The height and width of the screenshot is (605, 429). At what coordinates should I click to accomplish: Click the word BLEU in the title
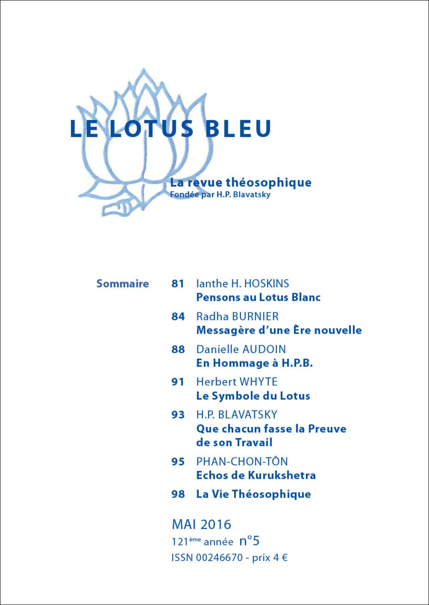coord(238,129)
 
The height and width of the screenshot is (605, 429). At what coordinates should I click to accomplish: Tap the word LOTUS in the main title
coord(151,129)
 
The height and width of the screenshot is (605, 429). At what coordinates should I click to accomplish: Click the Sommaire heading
coord(123,284)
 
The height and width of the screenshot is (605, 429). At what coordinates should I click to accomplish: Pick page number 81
coord(178,284)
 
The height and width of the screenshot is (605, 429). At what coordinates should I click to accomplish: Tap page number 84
coord(178,317)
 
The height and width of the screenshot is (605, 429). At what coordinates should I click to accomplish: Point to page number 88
coord(178,349)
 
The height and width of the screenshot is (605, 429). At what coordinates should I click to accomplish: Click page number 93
coord(178,415)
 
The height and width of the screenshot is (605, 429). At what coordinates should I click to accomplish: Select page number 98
coord(178,494)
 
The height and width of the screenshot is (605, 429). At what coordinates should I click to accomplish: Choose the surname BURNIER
coord(255,317)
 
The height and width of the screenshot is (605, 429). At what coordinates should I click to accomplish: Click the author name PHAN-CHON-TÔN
coord(242,461)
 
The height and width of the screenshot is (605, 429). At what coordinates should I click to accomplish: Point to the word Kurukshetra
coord(282,475)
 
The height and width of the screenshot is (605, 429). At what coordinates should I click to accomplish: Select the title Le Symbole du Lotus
coord(253,396)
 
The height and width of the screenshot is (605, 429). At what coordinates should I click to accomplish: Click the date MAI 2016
coord(201,525)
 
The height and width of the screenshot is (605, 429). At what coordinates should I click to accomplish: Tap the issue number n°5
coord(249,541)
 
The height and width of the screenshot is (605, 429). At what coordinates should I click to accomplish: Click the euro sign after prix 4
coord(284,558)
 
